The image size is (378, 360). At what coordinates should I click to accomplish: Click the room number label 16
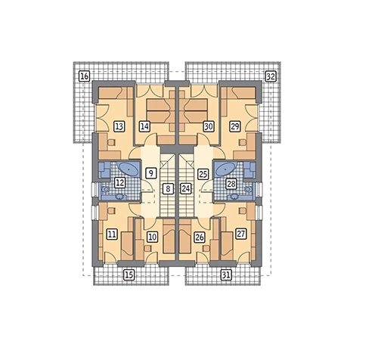tap(85, 76)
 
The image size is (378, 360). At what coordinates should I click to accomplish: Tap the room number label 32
tap(271, 76)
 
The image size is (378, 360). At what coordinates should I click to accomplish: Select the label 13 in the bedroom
tap(119, 126)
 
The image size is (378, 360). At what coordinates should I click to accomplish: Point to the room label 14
tap(144, 126)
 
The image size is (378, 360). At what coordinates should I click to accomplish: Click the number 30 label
tap(209, 126)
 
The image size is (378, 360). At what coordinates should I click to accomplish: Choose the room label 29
tap(235, 126)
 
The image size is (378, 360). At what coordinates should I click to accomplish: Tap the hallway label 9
tap(150, 173)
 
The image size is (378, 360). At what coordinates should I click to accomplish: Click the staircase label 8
tap(169, 188)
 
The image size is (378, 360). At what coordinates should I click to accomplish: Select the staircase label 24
tap(186, 188)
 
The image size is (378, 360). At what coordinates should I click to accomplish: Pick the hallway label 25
tap(203, 174)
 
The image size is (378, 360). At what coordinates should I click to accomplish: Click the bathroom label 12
tap(119, 182)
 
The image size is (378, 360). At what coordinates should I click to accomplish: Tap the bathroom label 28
tap(231, 184)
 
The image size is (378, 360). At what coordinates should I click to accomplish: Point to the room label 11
tap(112, 234)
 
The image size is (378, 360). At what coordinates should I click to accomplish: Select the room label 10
tap(152, 237)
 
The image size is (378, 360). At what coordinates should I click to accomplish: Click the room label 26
tap(200, 237)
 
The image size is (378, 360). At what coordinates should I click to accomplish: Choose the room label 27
tap(240, 234)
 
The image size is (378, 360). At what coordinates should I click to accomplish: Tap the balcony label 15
tap(129, 275)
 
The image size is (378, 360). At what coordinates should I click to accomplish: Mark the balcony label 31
tap(226, 275)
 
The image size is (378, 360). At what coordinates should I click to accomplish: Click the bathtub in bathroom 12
tap(129, 169)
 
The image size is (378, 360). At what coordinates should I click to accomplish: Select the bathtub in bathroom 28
tap(225, 169)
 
